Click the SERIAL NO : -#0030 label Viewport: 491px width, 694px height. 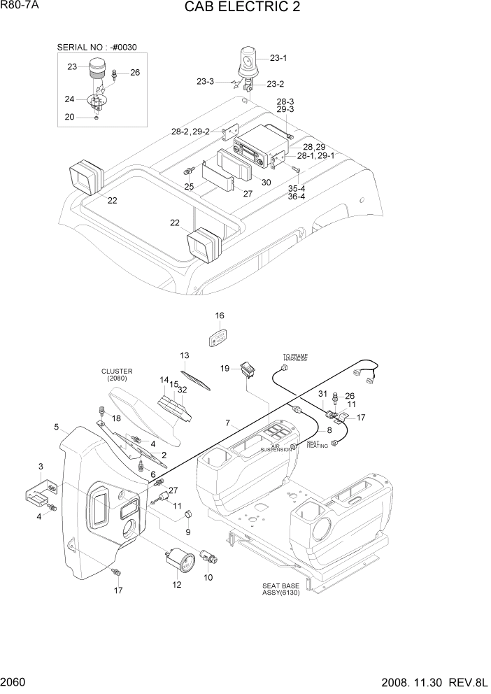[97, 47]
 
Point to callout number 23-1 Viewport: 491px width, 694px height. [278, 58]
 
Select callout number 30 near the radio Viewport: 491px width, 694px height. [266, 183]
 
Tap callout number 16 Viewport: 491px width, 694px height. [220, 316]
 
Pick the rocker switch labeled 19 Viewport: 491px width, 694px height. [246, 369]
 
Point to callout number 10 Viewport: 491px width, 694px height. [208, 577]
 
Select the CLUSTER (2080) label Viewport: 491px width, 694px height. [117, 375]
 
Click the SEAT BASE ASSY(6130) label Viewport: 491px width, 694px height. [281, 590]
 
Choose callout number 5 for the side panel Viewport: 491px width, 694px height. [56, 426]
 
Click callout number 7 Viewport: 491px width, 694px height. [227, 424]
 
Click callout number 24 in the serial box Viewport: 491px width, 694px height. [70, 99]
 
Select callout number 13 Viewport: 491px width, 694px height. [185, 355]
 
